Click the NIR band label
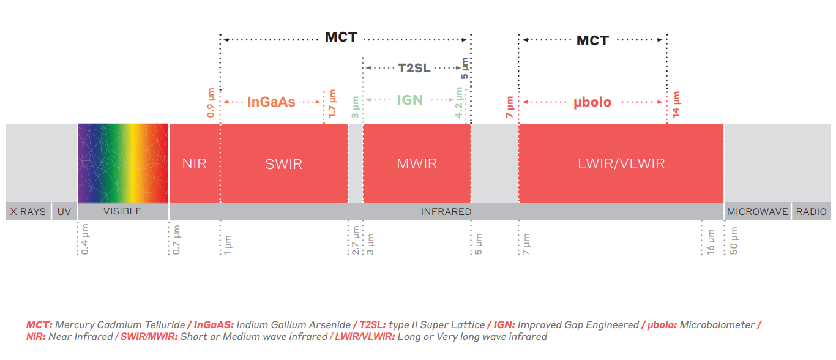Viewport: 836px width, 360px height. [194, 164]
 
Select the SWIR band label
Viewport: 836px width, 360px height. [284, 164]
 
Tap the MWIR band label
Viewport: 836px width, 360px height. [417, 164]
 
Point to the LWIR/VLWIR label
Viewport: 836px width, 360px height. [621, 164]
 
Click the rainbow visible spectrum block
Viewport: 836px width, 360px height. [122, 163]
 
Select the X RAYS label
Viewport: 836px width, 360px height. [28, 212]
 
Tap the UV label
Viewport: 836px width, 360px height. [64, 212]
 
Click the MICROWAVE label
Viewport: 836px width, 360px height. [757, 212]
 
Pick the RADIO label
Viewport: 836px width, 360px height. [812, 212]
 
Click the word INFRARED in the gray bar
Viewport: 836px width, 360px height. [446, 212]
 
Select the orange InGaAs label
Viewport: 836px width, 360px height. [271, 102]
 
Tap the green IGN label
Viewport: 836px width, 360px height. [409, 100]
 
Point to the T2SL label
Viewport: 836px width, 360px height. [414, 68]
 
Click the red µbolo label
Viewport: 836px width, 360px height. [592, 102]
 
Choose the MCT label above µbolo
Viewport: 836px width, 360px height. [592, 41]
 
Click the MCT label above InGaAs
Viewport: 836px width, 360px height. [341, 37]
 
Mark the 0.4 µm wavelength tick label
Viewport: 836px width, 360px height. [85, 240]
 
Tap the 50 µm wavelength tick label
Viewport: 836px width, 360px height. [734, 241]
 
